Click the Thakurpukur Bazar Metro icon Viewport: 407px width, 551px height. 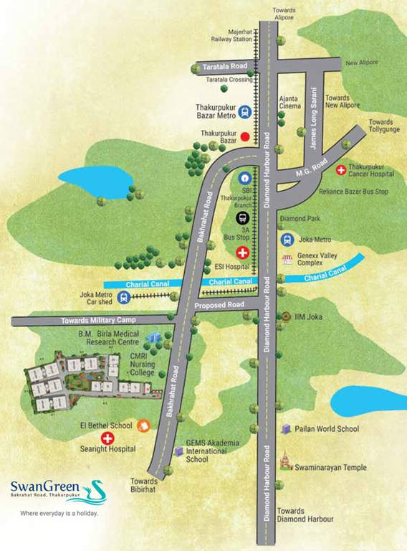(245, 112)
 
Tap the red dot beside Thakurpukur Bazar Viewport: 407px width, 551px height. (244, 136)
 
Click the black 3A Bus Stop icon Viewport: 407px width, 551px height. (243, 218)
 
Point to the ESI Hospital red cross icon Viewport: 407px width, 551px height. (243, 253)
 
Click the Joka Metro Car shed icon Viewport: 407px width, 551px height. (125, 298)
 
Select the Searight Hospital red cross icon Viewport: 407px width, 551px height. (107, 438)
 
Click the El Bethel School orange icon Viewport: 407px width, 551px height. (143, 425)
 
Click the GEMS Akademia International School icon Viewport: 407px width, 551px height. (178, 451)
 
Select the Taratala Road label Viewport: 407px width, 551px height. (224, 66)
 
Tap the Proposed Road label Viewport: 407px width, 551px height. (219, 306)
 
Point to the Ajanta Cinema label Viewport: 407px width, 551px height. (289, 101)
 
